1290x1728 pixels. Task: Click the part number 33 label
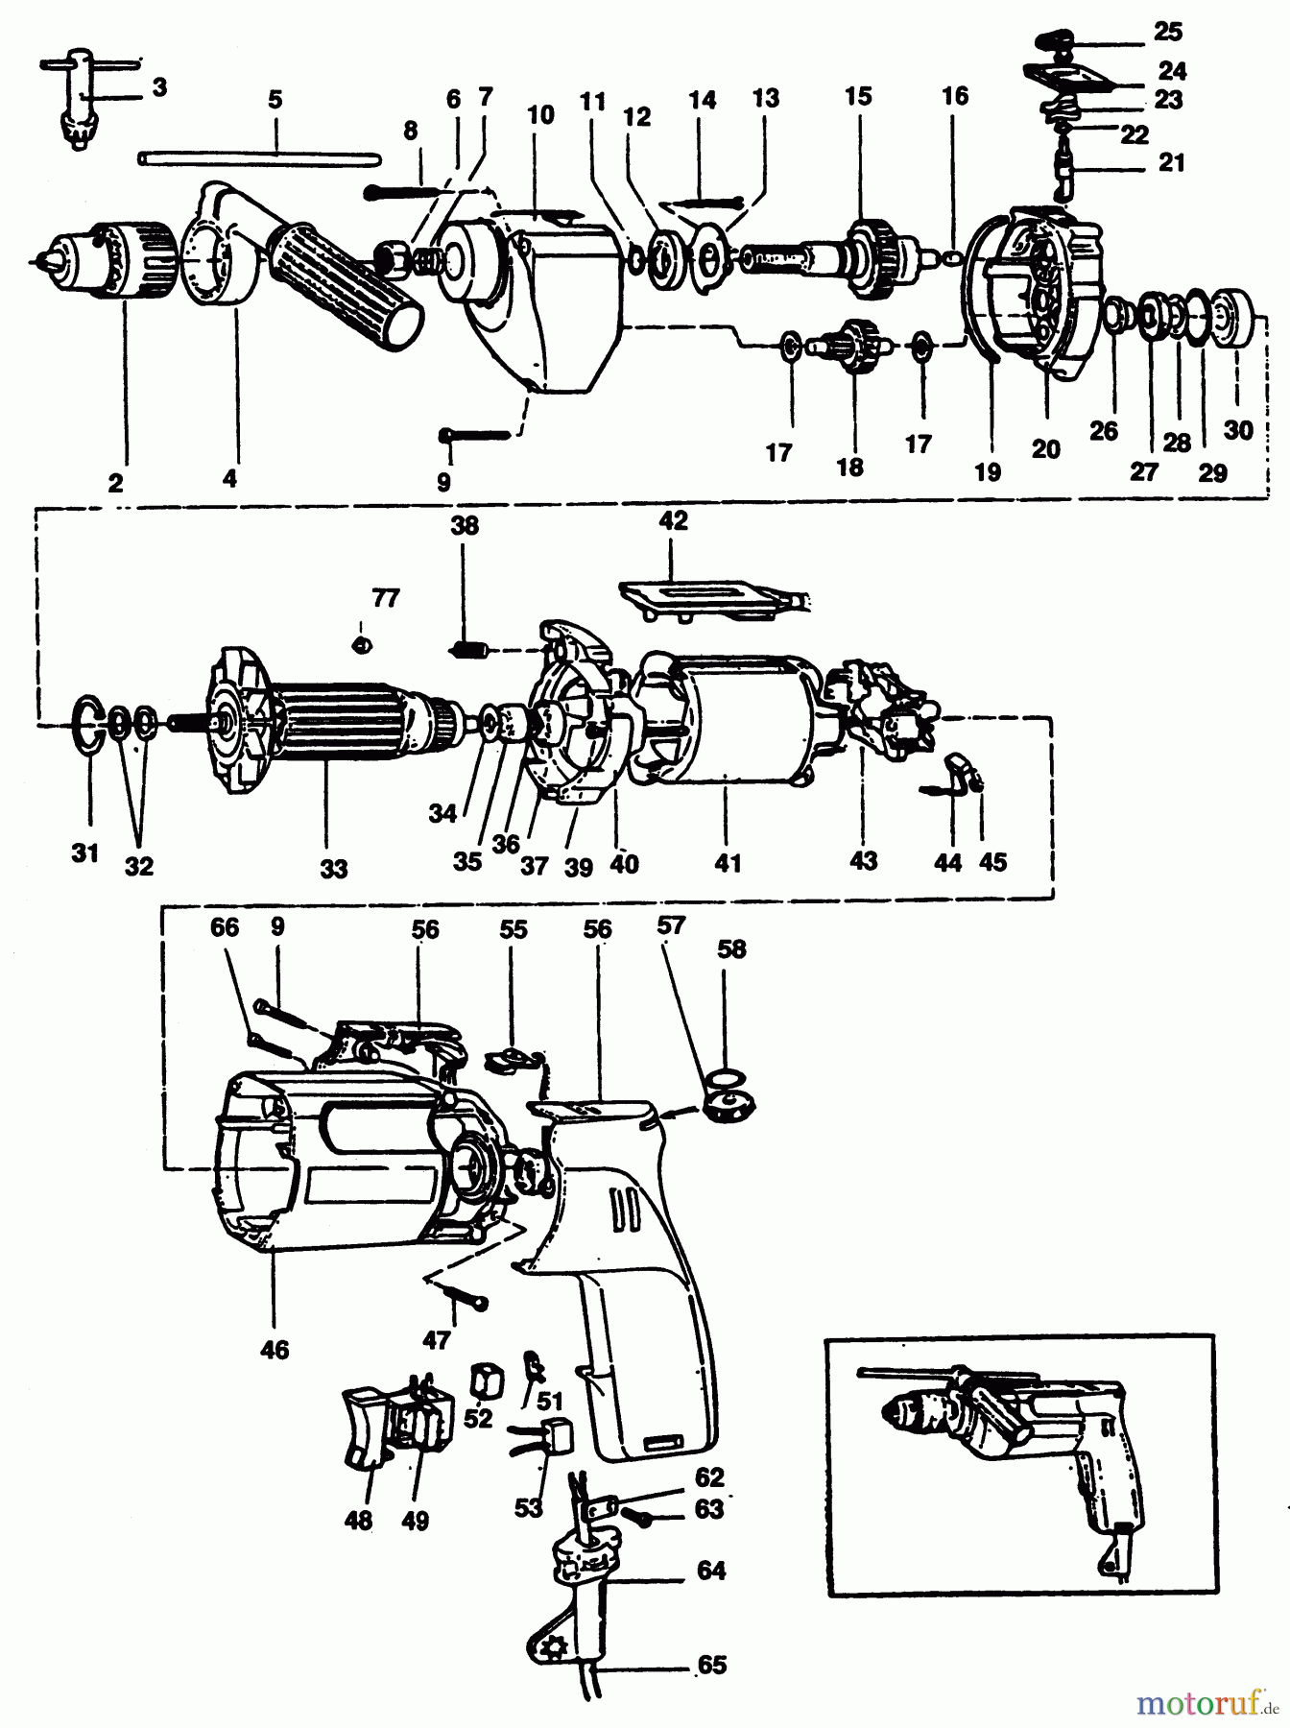point(333,870)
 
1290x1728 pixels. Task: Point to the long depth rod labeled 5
point(259,156)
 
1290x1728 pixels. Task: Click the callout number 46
point(275,1349)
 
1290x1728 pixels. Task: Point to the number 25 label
point(1167,32)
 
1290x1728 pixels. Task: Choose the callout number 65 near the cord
point(711,1665)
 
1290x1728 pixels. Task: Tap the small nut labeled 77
point(363,643)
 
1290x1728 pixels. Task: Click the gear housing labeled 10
point(547,298)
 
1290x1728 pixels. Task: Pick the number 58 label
point(731,948)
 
